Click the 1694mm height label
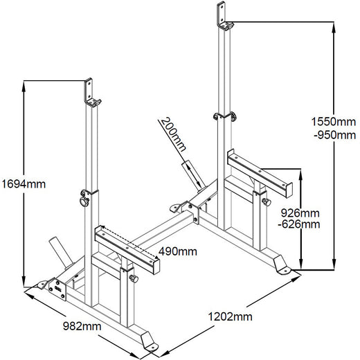click(24, 184)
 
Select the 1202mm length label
click(229, 316)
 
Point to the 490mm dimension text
click(177, 251)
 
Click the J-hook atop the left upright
click(91, 93)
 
